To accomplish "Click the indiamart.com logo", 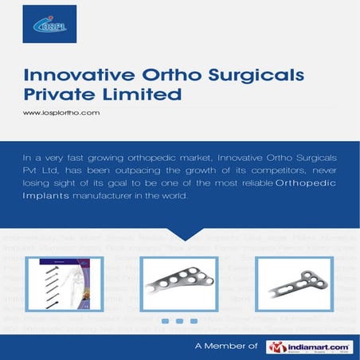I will (x=309, y=346).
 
